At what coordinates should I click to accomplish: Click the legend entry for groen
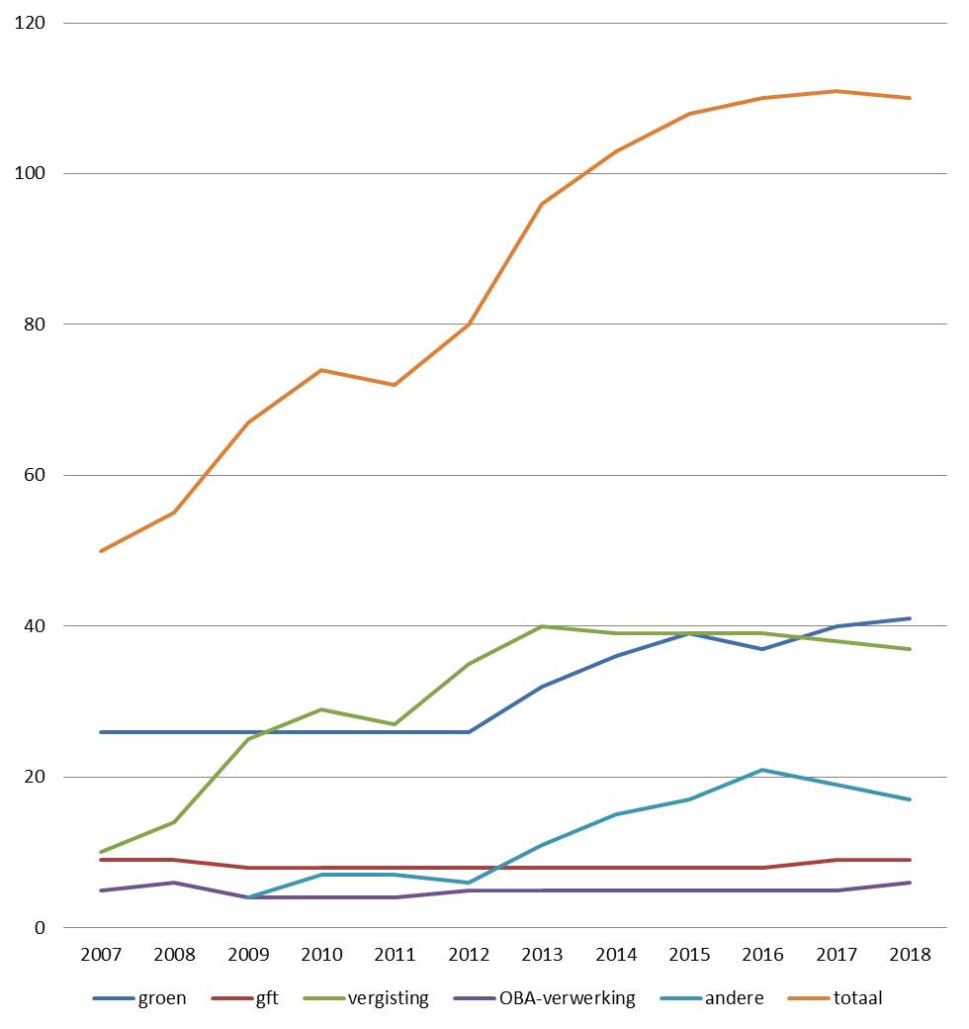[139, 998]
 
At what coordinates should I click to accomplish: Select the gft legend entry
[245, 998]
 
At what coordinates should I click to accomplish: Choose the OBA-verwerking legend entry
[544, 998]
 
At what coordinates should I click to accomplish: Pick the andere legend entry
[712, 998]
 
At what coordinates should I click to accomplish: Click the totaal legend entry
[835, 998]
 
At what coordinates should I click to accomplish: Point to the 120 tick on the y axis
[30, 23]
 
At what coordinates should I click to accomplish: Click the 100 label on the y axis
[30, 173]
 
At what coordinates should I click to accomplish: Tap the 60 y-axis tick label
[34, 475]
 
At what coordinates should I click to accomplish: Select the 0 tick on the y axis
[40, 927]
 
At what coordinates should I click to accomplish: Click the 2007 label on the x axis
[101, 954]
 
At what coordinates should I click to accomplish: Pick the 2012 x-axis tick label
[469, 954]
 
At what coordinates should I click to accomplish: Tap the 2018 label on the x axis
[910, 954]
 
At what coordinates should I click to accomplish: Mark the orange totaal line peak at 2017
[837, 91]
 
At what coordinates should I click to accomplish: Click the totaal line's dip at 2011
[395, 385]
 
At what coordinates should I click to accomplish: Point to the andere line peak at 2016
[762, 770]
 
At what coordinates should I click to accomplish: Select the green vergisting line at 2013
[542, 626]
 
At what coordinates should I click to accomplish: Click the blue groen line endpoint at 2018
[910, 618]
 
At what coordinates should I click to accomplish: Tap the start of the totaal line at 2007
[101, 550]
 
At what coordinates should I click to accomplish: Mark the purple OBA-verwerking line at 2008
[174, 883]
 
